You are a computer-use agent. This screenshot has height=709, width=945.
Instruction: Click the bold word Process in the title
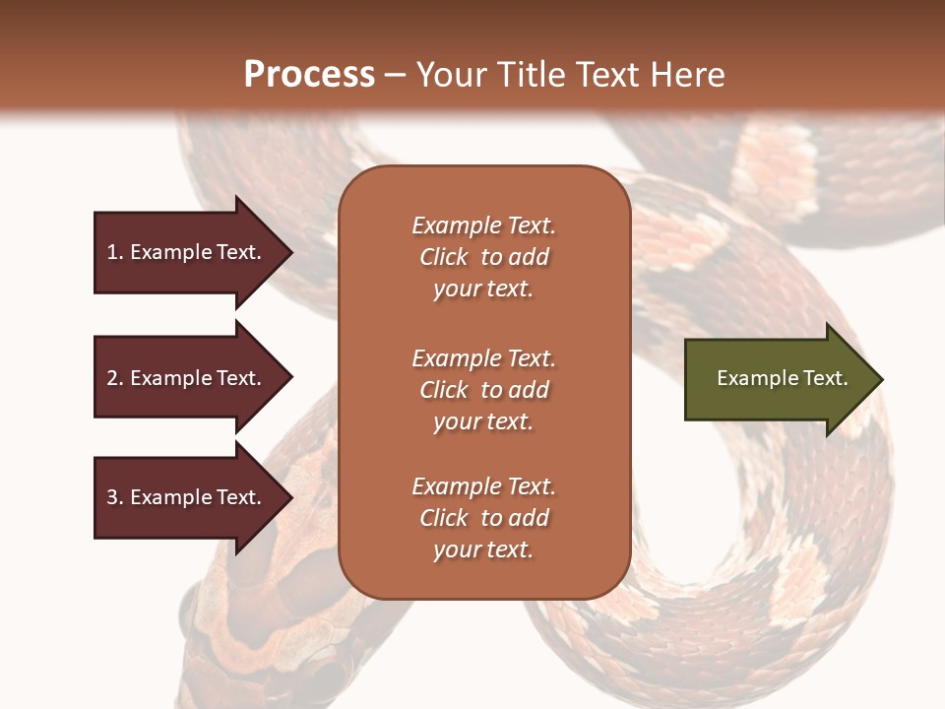(x=309, y=75)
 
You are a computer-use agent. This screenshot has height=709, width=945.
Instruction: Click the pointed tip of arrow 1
(x=289, y=252)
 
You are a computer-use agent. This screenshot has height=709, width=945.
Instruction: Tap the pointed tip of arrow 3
(x=289, y=497)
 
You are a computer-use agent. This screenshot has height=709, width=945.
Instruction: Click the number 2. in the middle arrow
(x=115, y=378)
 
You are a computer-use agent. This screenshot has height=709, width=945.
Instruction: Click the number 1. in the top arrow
(x=115, y=252)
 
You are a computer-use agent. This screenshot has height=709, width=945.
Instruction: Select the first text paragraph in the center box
(x=483, y=257)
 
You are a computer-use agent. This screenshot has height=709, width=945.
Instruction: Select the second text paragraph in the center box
(x=483, y=390)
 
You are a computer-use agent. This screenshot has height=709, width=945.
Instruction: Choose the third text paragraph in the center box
(x=483, y=518)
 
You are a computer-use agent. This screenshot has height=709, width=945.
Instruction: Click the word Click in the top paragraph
(x=443, y=257)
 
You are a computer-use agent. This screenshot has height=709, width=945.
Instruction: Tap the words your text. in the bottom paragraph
(x=483, y=549)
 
